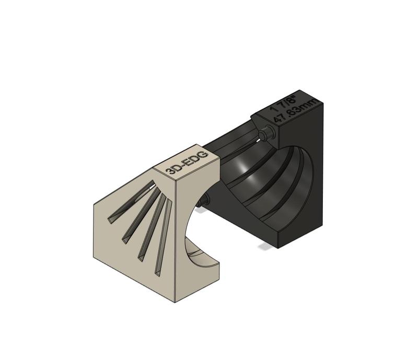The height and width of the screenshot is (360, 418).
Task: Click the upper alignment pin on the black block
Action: point(268,132)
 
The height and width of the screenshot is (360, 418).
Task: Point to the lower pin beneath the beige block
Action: point(205,199)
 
